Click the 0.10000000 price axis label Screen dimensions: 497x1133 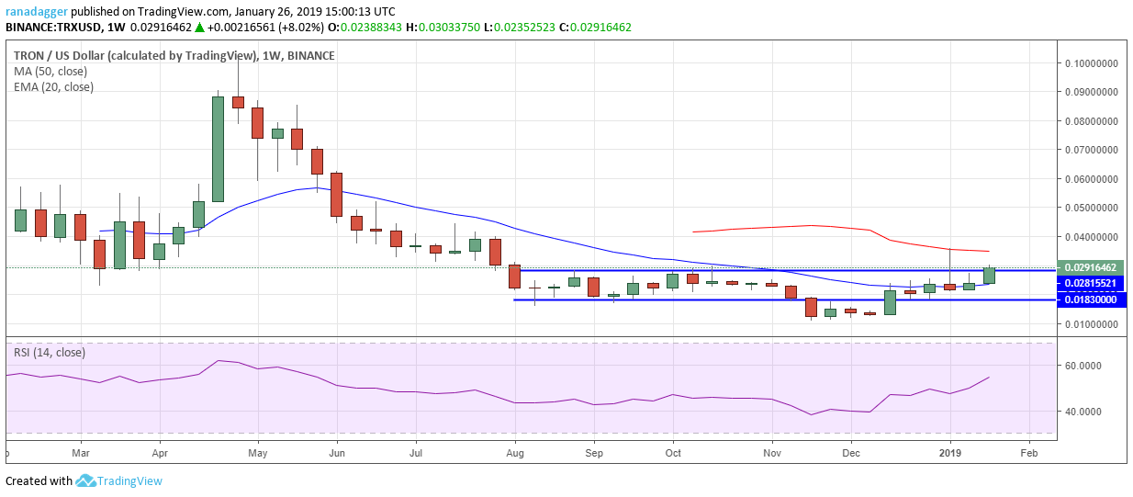pyautogui.click(x=1096, y=63)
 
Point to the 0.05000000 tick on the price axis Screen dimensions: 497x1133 pyautogui.click(x=1096, y=209)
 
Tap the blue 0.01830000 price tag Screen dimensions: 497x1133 pyautogui.click(x=1091, y=299)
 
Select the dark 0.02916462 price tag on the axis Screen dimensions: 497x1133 pyautogui.click(x=1091, y=267)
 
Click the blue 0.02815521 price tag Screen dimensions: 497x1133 pyautogui.click(x=1091, y=284)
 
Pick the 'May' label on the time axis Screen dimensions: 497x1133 pyautogui.click(x=258, y=453)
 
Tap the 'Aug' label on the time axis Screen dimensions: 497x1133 pyautogui.click(x=515, y=453)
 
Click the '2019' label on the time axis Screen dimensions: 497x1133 pyautogui.click(x=950, y=453)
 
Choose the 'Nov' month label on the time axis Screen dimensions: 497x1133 pyautogui.click(x=772, y=453)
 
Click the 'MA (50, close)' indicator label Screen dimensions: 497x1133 pyautogui.click(x=52, y=72)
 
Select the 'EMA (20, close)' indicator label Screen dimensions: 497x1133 pyautogui.click(x=53, y=87)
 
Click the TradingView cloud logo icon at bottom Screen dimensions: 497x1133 pyautogui.click(x=86, y=480)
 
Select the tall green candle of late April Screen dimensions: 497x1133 pyautogui.click(x=219, y=149)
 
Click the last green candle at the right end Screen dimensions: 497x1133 pyautogui.click(x=989, y=276)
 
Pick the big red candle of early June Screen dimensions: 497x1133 pyautogui.click(x=337, y=195)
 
